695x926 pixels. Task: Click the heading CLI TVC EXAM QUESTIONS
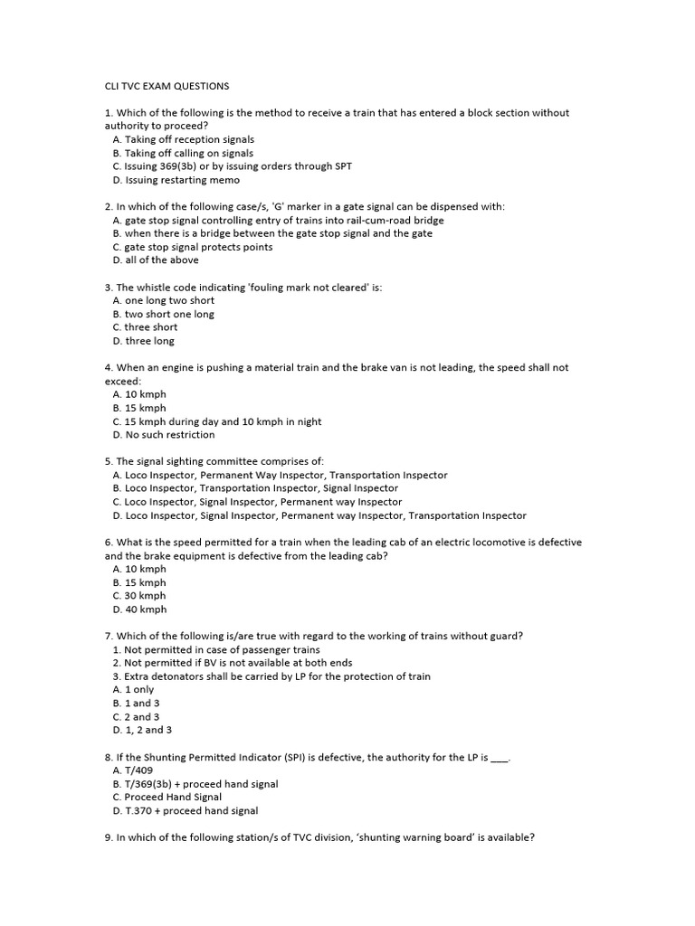click(x=167, y=87)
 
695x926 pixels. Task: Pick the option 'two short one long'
click(x=163, y=314)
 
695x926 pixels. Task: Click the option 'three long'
click(x=143, y=341)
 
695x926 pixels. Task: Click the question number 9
click(x=109, y=837)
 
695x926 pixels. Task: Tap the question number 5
click(x=109, y=461)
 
